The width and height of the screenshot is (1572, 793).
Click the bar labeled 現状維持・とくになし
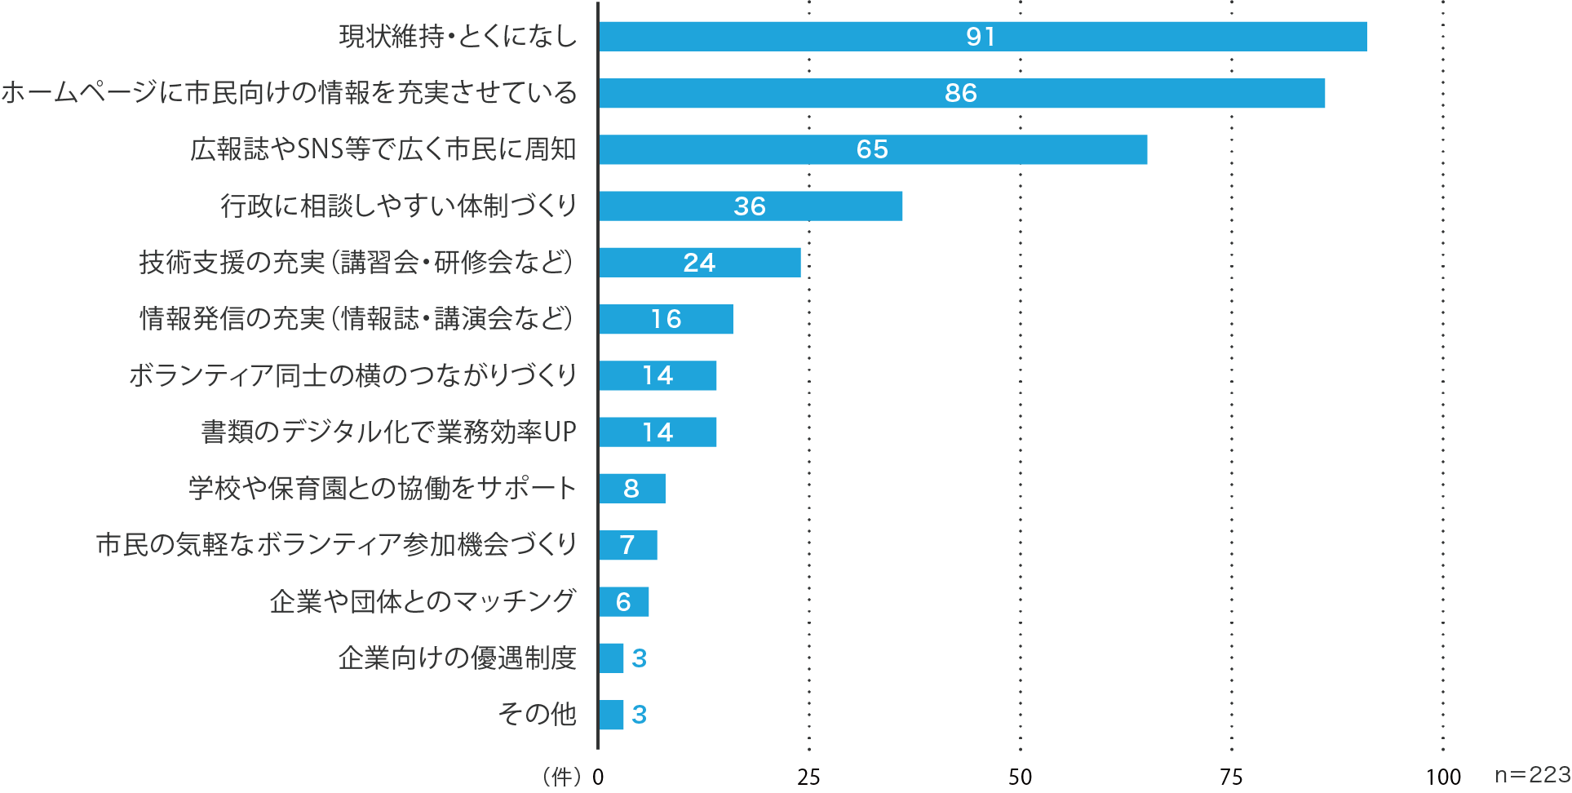pos(982,37)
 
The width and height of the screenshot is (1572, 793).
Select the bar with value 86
pos(962,93)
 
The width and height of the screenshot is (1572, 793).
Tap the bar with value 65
pos(873,149)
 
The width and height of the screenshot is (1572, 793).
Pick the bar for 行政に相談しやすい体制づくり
pos(751,206)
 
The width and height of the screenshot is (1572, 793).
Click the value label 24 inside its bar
pos(699,263)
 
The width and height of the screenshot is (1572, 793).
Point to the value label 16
pos(666,319)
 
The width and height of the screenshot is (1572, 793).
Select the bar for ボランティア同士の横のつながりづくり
pos(658,375)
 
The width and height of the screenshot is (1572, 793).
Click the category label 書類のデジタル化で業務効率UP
pos(389,432)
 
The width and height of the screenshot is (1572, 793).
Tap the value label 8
pos(631,489)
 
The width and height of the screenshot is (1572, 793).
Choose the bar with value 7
pos(627,545)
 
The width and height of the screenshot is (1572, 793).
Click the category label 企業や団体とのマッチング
pos(423,601)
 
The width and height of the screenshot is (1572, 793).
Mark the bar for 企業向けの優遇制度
pos(611,658)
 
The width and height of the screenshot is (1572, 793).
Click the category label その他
pos(538,714)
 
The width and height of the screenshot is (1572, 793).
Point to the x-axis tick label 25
pos(808,777)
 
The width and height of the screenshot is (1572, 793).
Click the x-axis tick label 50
pos(1020,777)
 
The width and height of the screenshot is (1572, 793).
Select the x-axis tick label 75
pos(1231,777)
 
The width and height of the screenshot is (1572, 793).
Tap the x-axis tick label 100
pos(1443,777)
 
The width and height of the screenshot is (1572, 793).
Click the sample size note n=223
pos(1532,775)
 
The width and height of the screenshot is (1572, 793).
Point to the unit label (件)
pos(562,777)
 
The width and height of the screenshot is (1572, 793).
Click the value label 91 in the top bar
pos(981,37)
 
